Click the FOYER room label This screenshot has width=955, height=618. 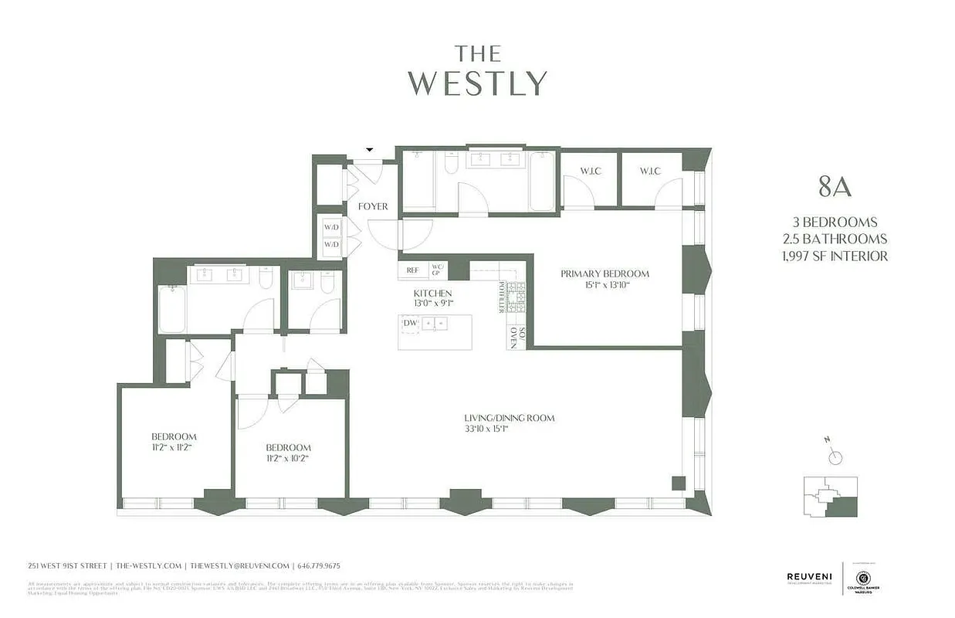pyautogui.click(x=373, y=207)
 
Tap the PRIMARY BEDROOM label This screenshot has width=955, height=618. pyautogui.click(x=604, y=273)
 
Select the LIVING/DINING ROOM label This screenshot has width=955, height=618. pyautogui.click(x=509, y=419)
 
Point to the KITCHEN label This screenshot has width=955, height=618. pyautogui.click(x=432, y=294)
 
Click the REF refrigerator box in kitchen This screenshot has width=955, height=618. pyautogui.click(x=413, y=270)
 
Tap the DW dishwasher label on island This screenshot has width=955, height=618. pyautogui.click(x=410, y=323)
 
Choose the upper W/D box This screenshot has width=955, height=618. pyautogui.click(x=331, y=228)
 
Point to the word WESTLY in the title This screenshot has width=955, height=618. pyautogui.click(x=478, y=83)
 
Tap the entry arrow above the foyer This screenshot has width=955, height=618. pyautogui.click(x=369, y=150)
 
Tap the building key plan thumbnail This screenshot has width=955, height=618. pyautogui.click(x=830, y=496)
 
